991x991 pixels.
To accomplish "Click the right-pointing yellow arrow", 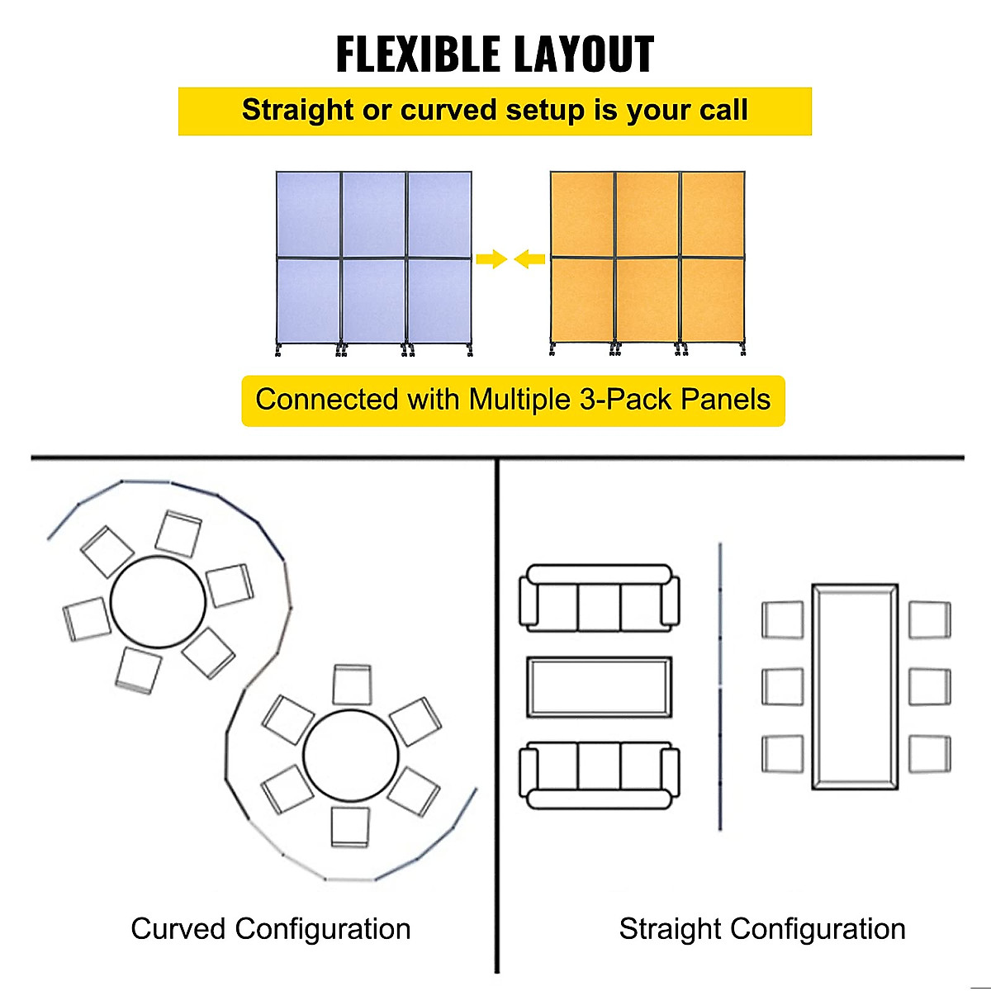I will (491, 259).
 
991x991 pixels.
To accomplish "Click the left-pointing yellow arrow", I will (529, 259).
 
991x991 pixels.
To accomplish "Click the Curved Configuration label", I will (270, 929).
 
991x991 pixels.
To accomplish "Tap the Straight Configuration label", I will (762, 929).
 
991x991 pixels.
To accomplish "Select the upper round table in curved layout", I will (158, 602).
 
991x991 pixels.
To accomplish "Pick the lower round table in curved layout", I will (351, 755).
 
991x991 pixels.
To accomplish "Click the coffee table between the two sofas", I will (599, 687).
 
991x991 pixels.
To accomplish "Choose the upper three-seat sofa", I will (599, 599).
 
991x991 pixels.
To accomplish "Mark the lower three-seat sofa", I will (599, 775).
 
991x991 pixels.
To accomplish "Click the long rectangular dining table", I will (854, 686).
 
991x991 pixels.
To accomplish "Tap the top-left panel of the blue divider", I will (308, 215).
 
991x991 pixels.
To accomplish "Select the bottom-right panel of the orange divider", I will (713, 299).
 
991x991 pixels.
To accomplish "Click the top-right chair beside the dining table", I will (930, 619).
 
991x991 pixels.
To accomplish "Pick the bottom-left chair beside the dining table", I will (782, 753).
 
